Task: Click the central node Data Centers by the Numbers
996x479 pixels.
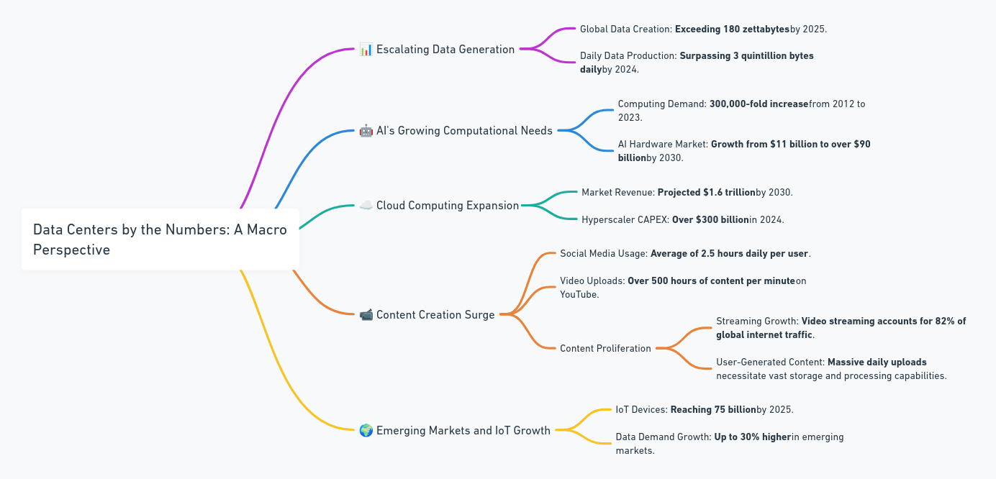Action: tap(160, 240)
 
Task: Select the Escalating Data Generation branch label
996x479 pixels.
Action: tap(445, 50)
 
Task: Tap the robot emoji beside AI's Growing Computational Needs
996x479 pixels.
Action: tap(366, 131)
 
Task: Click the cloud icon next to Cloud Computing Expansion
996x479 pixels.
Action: tap(366, 206)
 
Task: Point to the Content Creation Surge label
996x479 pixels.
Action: tap(435, 315)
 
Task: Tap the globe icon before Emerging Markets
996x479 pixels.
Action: tap(366, 431)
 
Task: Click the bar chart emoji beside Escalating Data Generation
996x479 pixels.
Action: tap(366, 50)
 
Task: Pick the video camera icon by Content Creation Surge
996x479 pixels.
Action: tap(366, 315)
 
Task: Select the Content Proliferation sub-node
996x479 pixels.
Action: tap(605, 349)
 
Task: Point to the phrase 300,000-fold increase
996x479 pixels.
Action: tap(759, 104)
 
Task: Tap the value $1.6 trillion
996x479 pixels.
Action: tap(729, 193)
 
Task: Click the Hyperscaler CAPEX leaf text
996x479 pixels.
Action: tap(625, 220)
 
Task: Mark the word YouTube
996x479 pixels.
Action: tap(578, 294)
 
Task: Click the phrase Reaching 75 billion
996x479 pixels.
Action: tap(712, 410)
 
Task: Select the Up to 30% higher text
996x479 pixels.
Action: tap(752, 437)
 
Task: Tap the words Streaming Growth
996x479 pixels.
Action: tap(756, 321)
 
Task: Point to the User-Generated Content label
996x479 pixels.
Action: tap(769, 362)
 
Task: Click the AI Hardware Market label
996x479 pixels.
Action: tap(662, 145)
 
